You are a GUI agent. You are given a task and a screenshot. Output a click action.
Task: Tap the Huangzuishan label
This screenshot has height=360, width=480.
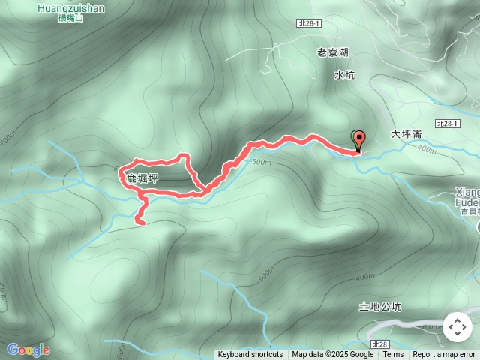point(70,8)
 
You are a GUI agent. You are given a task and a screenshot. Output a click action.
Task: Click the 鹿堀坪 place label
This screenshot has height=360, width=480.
point(137,178)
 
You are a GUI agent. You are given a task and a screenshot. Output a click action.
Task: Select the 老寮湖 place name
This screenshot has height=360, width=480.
point(333,52)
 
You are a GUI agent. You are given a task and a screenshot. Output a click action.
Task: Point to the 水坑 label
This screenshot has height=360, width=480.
point(344,75)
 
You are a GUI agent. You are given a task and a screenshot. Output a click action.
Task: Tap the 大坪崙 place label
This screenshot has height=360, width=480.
point(406,134)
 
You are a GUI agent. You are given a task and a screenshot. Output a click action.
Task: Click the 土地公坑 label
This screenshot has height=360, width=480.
point(380,307)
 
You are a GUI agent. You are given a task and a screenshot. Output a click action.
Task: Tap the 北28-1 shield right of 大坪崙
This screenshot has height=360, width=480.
point(446,122)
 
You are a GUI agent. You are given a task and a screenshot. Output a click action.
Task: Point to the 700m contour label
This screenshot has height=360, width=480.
point(7,140)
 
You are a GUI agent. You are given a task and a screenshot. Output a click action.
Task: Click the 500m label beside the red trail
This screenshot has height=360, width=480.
point(261,162)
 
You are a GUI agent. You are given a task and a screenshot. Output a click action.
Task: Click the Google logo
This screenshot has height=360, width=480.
point(28,349)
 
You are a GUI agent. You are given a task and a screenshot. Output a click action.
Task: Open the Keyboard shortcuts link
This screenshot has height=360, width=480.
point(250,355)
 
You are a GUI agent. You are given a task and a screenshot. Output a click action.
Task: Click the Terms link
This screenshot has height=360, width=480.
point(393,355)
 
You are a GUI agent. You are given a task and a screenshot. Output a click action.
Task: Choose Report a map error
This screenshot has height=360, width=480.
point(444,355)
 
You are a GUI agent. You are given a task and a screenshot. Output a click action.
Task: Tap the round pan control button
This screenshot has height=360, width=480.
point(457,327)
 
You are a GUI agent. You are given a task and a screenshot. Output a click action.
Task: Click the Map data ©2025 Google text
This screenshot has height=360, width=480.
point(332,355)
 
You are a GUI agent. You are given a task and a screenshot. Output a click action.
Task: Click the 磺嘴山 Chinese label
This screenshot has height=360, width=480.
point(70,18)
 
